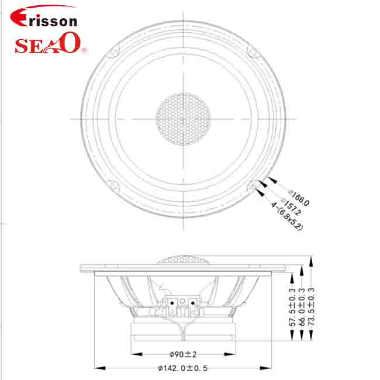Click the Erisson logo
coord(44,16)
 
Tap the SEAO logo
coord(50,44)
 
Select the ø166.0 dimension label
coord(299,198)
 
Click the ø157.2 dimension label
coord(291,206)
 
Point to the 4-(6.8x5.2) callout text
coord(287,216)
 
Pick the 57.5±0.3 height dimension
coord(292,307)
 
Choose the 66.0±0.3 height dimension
coord(302,307)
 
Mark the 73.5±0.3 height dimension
coord(311,307)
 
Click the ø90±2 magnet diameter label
coord(183,354)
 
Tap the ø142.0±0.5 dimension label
coord(183,368)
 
